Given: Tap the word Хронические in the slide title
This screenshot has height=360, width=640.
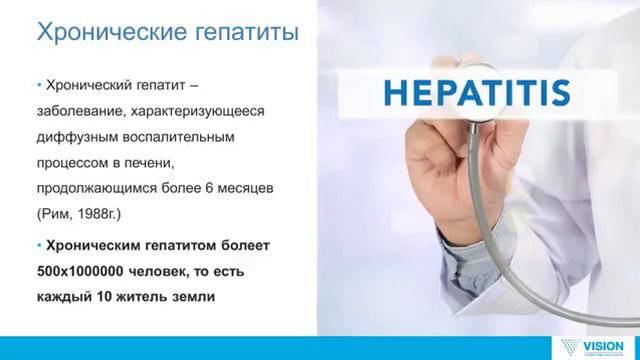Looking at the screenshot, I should pyautogui.click(x=101, y=36).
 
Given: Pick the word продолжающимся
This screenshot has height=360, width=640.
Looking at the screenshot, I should pyautogui.click(x=100, y=187).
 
